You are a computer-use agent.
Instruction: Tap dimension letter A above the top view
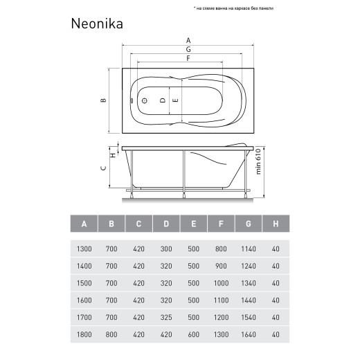188,40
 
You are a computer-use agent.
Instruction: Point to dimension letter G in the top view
188,50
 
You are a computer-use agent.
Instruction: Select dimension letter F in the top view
188,59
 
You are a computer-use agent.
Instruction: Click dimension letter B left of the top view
103,100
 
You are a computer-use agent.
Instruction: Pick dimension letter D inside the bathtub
163,100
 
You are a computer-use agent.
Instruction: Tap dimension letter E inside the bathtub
176,100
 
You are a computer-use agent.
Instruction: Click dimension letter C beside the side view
103,168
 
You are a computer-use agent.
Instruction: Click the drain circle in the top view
145,100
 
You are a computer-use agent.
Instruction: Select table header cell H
276,224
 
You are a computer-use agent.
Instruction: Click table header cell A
84,224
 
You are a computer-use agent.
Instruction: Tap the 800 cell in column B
111,333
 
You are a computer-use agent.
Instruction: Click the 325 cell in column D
166,316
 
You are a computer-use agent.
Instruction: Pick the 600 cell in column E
194,333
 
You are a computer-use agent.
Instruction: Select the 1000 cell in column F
222,282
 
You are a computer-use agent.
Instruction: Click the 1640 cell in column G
249,333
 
